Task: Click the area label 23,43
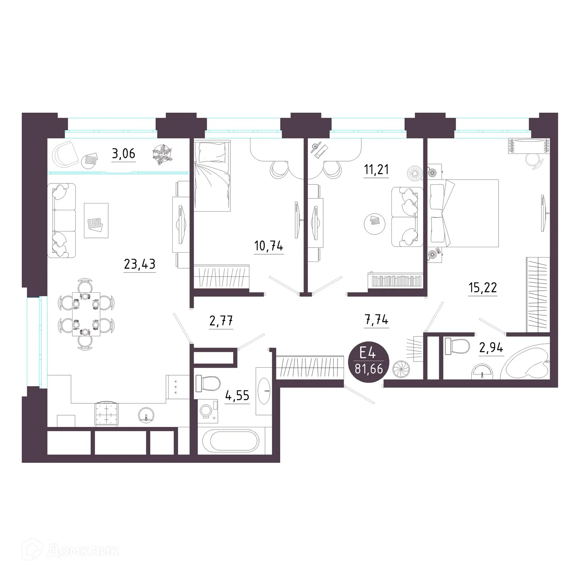tap(140, 264)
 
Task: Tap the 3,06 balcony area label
tap(123, 154)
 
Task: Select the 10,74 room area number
tap(269, 246)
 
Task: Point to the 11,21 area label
tap(376, 169)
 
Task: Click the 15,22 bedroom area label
tap(483, 287)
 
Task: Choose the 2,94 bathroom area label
tap(491, 348)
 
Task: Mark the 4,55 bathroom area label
tap(237, 396)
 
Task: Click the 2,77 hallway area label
tap(221, 320)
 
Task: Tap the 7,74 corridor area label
tap(376, 320)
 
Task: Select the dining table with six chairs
tap(86, 314)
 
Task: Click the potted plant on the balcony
tap(162, 154)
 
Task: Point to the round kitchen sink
tap(146, 415)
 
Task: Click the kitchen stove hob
tap(107, 413)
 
